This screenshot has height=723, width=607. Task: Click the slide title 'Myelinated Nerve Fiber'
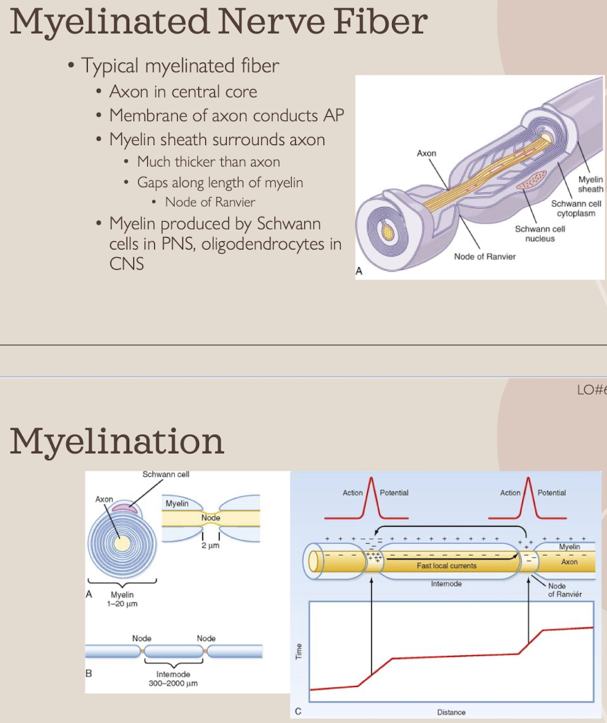point(218,22)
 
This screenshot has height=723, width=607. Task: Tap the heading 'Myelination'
point(117,440)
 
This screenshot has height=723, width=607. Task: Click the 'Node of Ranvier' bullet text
point(210,203)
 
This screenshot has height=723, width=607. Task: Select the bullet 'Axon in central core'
point(183,92)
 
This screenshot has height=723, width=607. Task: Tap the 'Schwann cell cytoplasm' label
point(576,209)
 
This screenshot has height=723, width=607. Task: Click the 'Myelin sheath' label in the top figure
point(590,185)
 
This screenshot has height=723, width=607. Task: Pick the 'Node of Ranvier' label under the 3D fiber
point(485,257)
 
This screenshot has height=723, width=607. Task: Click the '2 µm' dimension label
point(211,546)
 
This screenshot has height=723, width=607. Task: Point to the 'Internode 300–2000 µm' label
point(174,678)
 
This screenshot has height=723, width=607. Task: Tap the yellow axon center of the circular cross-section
point(122,544)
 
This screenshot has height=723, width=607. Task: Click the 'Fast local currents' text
point(447,565)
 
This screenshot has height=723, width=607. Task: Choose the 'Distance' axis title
point(451,712)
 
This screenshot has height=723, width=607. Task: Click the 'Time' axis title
point(299,651)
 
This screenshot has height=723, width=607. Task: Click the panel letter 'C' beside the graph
point(298,711)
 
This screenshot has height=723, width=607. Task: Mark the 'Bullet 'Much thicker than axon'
point(209,162)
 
